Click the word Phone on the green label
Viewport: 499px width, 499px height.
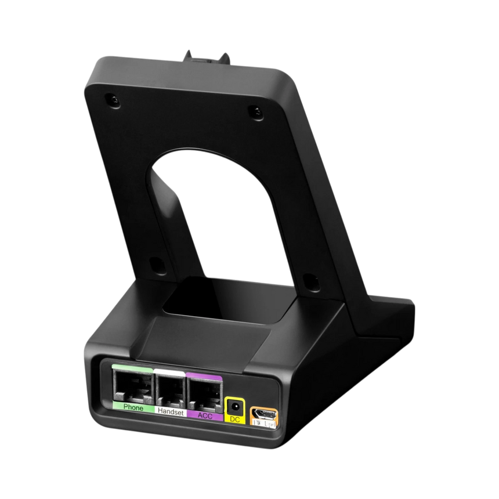pos(133,407)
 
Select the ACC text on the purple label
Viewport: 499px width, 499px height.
pos(204,415)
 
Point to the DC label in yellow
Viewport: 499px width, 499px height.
pos(234,419)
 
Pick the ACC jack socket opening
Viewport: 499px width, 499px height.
pos(204,393)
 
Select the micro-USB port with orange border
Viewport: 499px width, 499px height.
pos(262,413)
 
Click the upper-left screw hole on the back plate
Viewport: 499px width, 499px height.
pos(111,100)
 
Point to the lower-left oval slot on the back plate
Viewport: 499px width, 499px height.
pos(155,263)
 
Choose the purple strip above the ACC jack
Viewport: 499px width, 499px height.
pos(204,374)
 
